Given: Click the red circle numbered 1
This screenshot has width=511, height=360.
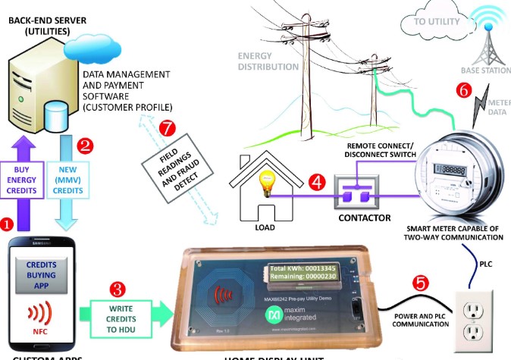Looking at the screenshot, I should coord(8,224).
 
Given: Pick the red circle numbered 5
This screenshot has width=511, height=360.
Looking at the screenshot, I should coord(420,283).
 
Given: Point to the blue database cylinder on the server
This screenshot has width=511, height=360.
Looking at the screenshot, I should coord(58,119).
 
